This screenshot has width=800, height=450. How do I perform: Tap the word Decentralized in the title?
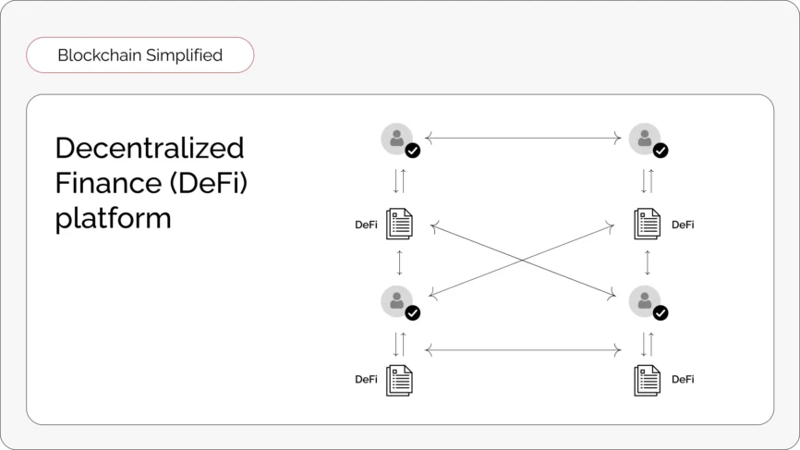pos(150,149)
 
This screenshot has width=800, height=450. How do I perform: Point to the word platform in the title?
pos(113,219)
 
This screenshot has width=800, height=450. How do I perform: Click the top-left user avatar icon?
pos(397,139)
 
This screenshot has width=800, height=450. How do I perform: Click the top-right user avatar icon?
pos(645,139)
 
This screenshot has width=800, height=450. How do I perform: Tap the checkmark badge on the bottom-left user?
pos(413,312)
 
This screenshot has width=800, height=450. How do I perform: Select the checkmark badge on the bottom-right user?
pos(661,312)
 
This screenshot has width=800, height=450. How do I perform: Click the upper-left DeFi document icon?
pos(399,224)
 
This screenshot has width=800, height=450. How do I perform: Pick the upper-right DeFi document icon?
pos(648,224)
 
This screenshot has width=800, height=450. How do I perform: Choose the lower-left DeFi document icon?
pos(399,380)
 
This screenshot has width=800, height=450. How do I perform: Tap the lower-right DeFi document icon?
pos(648,380)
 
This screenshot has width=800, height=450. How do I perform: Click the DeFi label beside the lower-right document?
pos(683,380)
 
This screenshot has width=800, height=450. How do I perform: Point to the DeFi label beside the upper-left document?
pos(367,225)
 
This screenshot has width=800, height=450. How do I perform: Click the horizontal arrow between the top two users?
pos(523,138)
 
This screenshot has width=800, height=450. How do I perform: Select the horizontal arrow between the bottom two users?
pos(523,350)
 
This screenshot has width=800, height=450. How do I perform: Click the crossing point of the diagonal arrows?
pos(523,261)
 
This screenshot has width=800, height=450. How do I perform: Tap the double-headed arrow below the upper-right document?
pos(648,262)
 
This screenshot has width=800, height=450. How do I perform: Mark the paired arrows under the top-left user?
pos(399,180)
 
